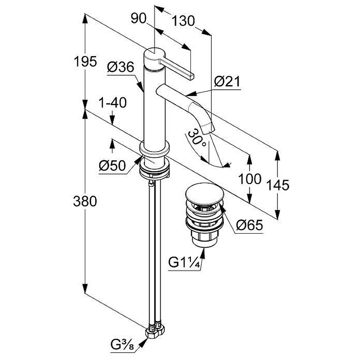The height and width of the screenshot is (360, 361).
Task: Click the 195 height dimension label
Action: coord(85,62)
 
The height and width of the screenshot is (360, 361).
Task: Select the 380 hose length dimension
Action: coord(85,201)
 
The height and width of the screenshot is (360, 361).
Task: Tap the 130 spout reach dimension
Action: coord(183,21)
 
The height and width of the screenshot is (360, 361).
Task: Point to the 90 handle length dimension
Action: coord(139,18)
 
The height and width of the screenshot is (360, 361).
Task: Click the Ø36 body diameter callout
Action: coord(120,67)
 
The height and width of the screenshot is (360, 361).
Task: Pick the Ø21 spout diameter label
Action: coord(227,82)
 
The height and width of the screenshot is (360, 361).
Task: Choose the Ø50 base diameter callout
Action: coord(112,166)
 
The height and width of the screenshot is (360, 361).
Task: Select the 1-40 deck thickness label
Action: coord(112,103)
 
